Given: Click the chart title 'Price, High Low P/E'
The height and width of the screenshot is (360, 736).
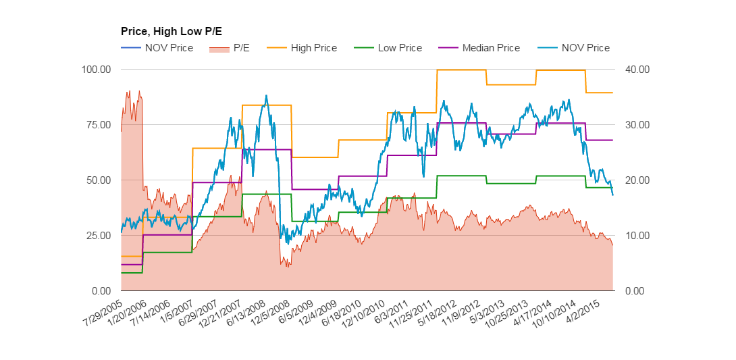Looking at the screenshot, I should click(171, 31).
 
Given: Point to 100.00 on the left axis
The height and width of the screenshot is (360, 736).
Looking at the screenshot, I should click(97, 70).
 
